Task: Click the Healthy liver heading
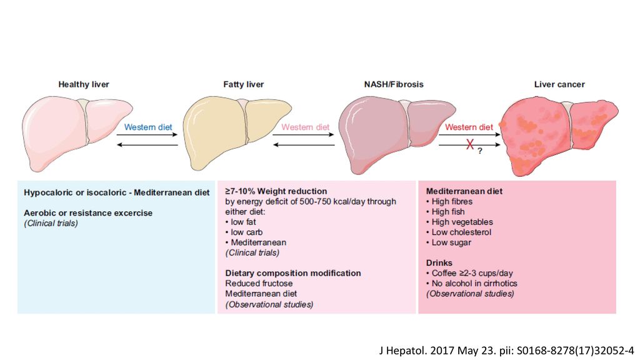[x=84, y=84]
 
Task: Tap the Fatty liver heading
[x=243, y=84]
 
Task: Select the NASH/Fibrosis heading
[x=394, y=84]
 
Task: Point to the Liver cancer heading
[x=559, y=84]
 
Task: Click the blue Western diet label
[x=148, y=127]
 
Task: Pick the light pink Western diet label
[x=305, y=127]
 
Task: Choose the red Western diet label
[x=469, y=127]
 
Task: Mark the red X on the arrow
[x=470, y=144]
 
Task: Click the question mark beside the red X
[x=480, y=151]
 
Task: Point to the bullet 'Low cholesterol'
[x=459, y=232]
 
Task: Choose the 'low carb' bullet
[x=244, y=232]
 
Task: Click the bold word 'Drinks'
[x=439, y=262]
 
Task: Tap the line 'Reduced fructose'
[x=259, y=283]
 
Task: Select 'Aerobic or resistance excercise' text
[x=88, y=212]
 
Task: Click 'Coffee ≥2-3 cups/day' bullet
[x=469, y=272]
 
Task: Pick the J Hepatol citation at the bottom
[x=506, y=350]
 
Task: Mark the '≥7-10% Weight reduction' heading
[x=276, y=191]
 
